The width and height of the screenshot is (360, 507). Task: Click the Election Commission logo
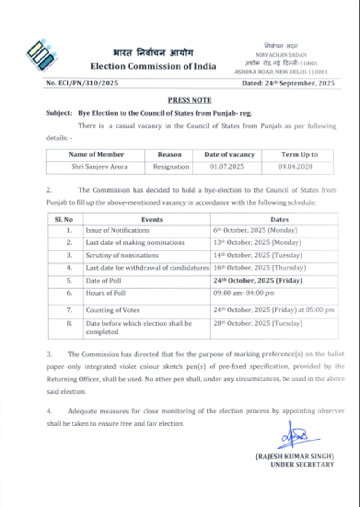point(41,56)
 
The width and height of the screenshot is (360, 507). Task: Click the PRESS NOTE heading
point(189,100)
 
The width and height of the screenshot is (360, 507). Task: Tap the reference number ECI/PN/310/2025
point(82,83)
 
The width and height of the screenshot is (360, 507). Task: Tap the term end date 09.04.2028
point(299,167)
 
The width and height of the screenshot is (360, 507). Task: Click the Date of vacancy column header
point(229,154)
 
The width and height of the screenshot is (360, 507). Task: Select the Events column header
point(152,220)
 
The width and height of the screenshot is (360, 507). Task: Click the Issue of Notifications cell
point(118,230)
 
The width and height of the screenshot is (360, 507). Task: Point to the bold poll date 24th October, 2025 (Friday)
point(258,281)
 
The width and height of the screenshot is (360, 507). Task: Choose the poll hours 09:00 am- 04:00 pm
point(244,293)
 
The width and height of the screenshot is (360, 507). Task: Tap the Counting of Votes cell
point(113,310)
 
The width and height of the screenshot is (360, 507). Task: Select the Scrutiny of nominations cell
point(122,256)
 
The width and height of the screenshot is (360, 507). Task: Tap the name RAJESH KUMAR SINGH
point(295,456)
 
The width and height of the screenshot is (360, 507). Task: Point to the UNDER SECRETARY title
point(302,464)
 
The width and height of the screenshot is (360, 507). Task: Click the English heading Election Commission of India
point(153,67)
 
